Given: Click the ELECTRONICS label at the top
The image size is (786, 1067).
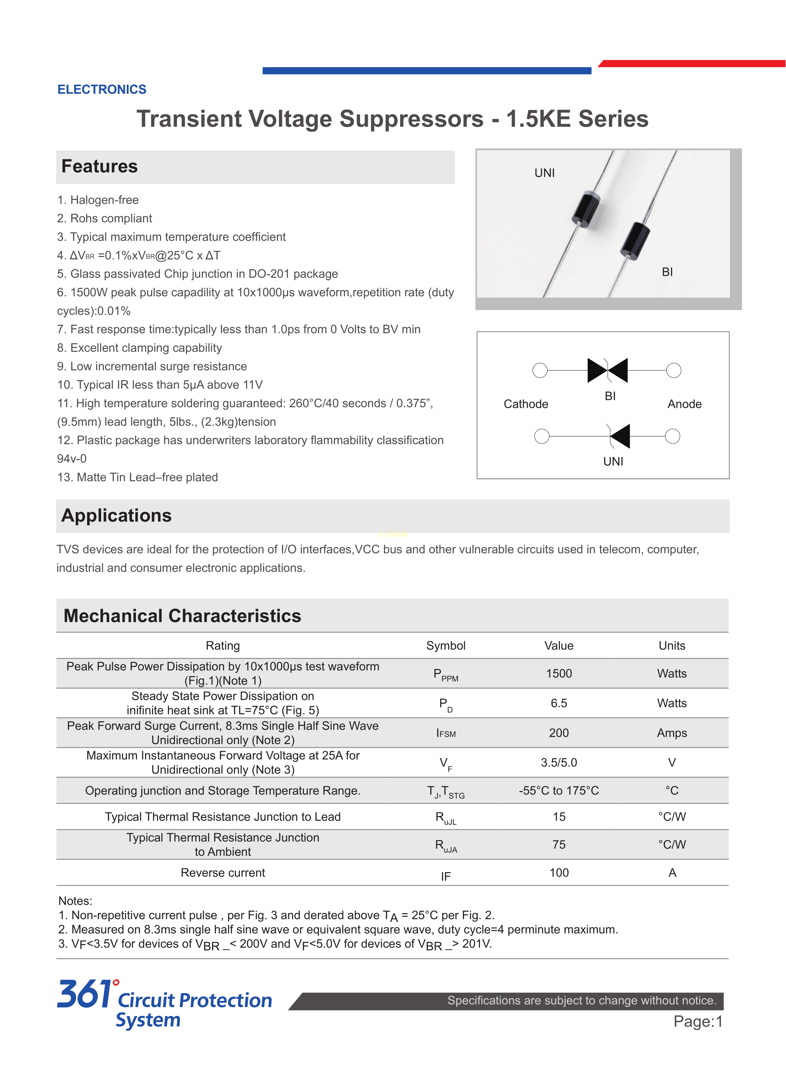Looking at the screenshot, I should pyautogui.click(x=102, y=89).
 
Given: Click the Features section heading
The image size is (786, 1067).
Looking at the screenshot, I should pyautogui.click(x=99, y=167).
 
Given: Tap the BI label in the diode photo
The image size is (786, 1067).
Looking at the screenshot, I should pyautogui.click(x=667, y=272).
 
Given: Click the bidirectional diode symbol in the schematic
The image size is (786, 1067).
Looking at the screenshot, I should pyautogui.click(x=608, y=370).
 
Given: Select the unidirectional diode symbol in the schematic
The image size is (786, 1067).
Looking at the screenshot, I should pyautogui.click(x=619, y=436).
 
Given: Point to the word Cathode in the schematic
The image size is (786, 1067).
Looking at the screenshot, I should pyautogui.click(x=526, y=404).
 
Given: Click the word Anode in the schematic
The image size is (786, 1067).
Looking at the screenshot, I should pyautogui.click(x=684, y=404).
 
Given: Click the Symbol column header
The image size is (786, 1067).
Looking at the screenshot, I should pyautogui.click(x=445, y=646).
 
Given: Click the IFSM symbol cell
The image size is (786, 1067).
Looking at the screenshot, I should pyautogui.click(x=446, y=733).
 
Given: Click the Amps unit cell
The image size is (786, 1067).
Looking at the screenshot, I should pyautogui.click(x=672, y=733).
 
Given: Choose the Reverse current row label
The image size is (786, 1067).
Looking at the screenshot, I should pyautogui.click(x=223, y=873).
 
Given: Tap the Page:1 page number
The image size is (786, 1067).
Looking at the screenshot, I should pyautogui.click(x=698, y=1022).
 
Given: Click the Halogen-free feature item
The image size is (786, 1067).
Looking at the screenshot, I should pyautogui.click(x=104, y=200).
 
